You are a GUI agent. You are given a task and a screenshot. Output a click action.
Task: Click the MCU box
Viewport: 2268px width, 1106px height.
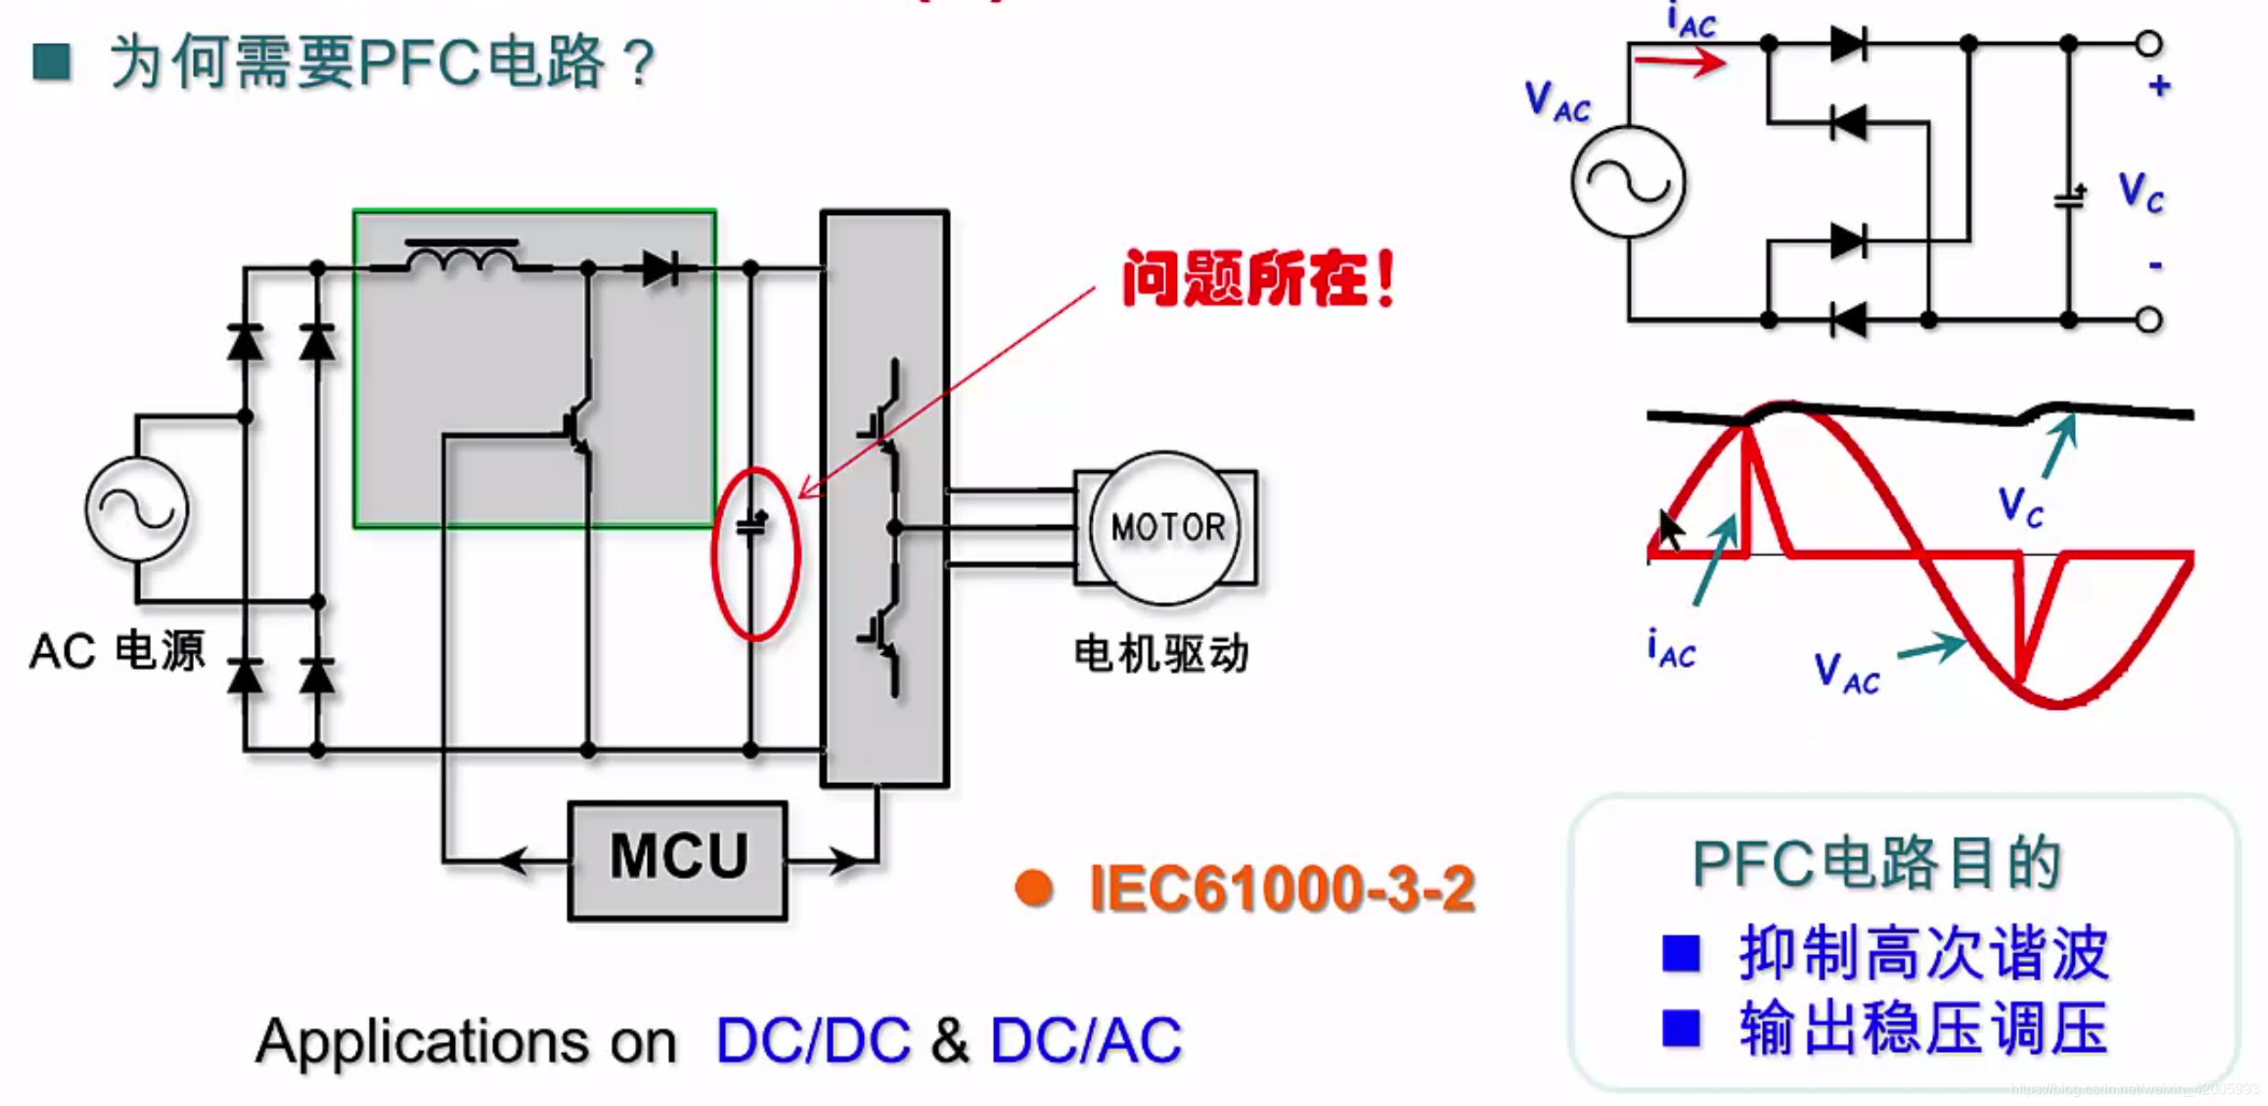click(x=677, y=859)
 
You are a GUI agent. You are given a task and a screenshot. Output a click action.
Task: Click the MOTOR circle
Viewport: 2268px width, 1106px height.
click(x=1165, y=528)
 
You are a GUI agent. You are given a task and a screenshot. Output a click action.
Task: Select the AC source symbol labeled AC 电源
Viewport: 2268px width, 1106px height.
click(x=137, y=509)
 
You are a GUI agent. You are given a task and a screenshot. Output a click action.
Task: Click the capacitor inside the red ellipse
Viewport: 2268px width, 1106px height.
click(x=752, y=525)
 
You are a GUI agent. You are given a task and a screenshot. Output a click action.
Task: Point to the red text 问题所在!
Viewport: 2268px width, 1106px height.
click(x=1258, y=279)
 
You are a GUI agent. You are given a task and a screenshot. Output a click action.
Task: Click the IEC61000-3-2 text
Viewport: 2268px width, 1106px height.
click(x=1281, y=888)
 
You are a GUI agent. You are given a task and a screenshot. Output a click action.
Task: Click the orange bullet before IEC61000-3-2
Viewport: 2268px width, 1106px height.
click(x=1034, y=887)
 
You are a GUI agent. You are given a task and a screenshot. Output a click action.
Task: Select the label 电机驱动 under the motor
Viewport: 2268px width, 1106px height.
click(x=1161, y=653)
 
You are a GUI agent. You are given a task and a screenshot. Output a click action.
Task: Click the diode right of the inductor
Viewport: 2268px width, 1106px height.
click(x=661, y=268)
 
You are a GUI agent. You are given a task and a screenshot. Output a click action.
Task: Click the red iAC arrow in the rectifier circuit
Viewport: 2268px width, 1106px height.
click(x=1679, y=62)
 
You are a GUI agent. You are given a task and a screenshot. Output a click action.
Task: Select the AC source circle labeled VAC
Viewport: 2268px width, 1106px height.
click(x=1628, y=181)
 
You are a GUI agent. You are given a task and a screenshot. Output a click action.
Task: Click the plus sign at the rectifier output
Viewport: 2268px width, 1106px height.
click(x=2159, y=86)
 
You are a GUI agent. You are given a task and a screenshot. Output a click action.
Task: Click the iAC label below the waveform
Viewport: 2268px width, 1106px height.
click(x=1671, y=649)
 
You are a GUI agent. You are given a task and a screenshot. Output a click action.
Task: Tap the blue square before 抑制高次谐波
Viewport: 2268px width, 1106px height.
click(x=1680, y=953)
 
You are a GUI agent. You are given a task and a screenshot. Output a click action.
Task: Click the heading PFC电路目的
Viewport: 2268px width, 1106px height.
click(x=1875, y=863)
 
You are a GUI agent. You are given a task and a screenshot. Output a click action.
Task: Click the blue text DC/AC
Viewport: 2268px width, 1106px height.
click(x=1085, y=1041)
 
